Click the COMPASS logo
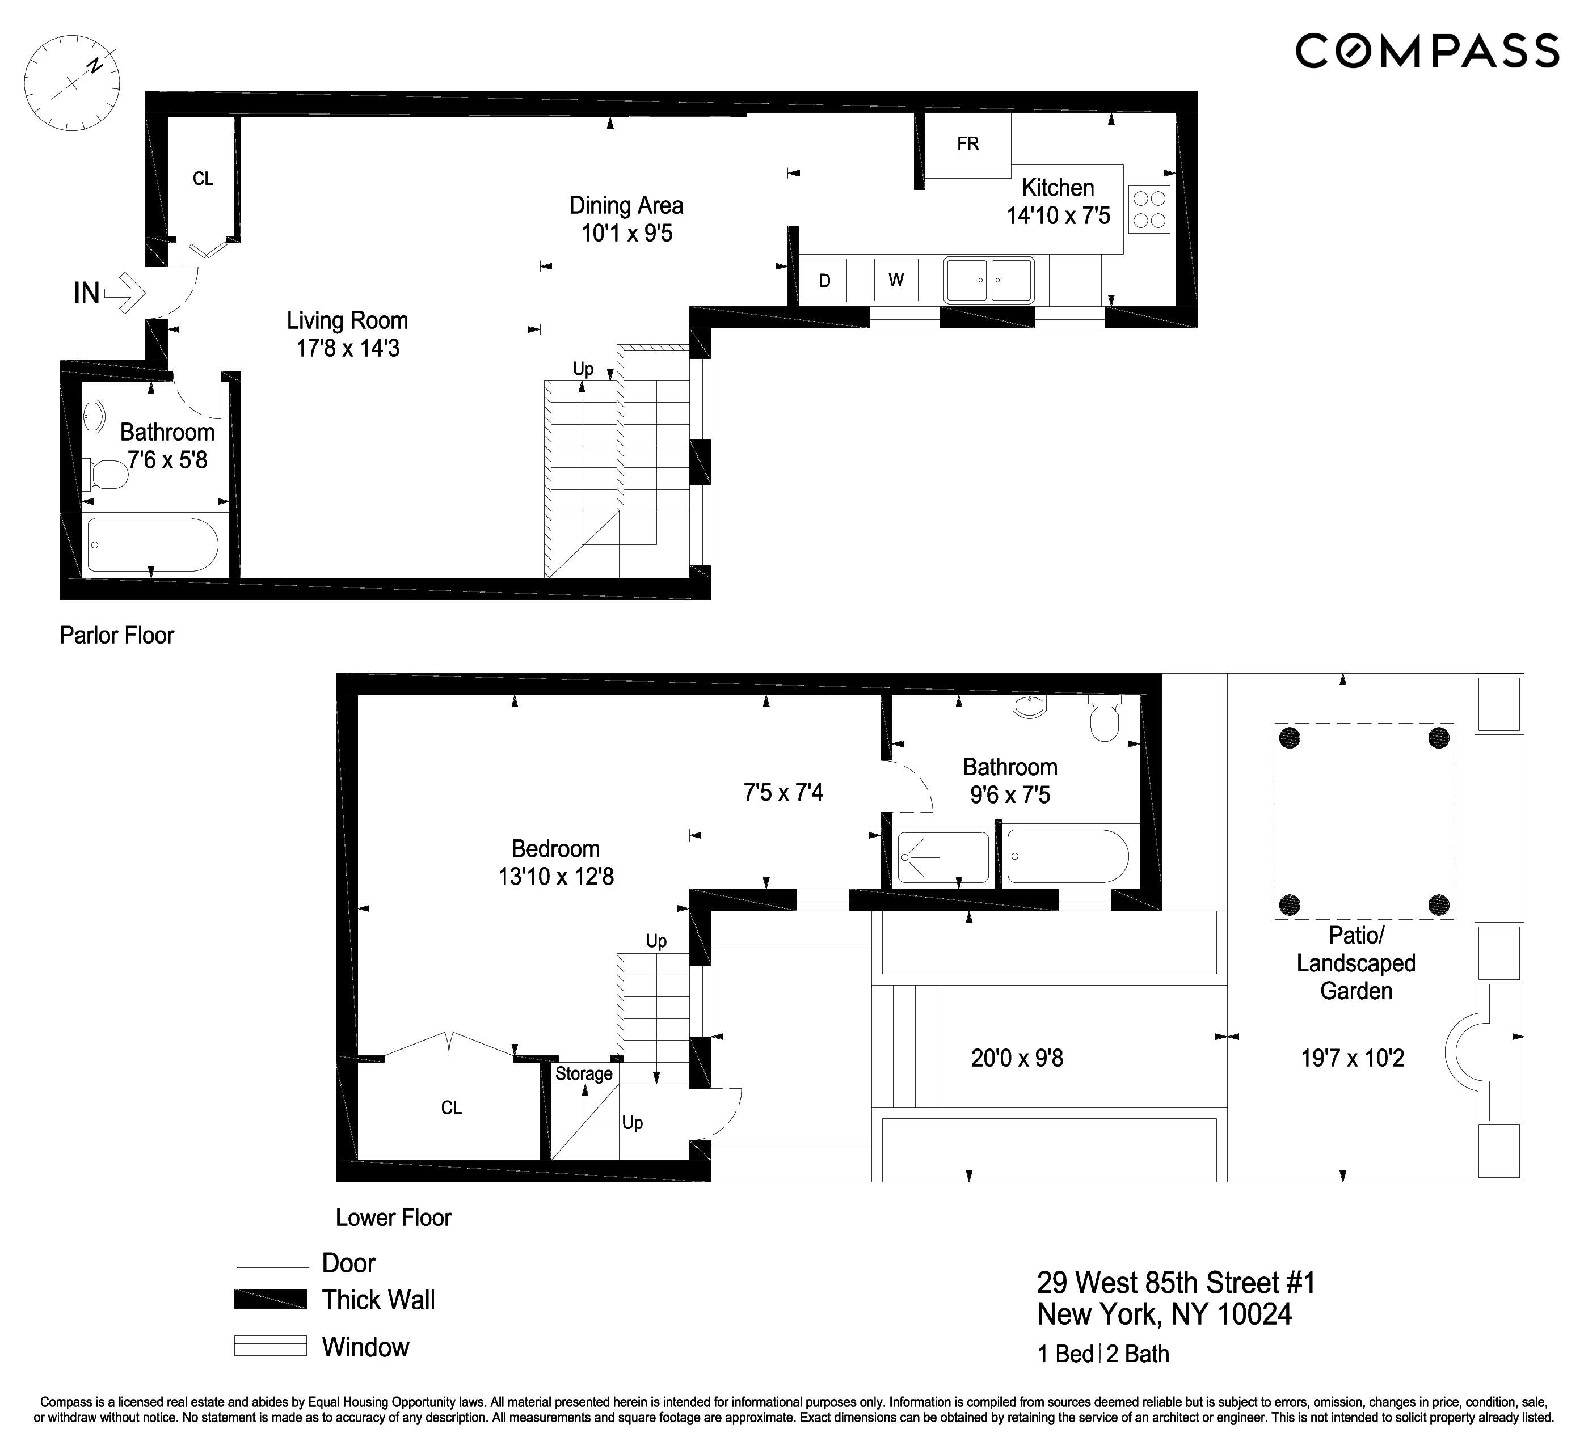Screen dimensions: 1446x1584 click(x=1426, y=51)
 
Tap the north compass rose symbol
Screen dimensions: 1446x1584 click(x=71, y=82)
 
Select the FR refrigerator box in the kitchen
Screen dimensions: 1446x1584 click(x=967, y=143)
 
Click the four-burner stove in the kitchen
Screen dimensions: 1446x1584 click(x=1149, y=209)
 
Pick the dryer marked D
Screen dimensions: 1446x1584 click(x=824, y=280)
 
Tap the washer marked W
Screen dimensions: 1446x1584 click(x=896, y=280)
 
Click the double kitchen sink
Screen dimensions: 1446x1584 click(x=988, y=280)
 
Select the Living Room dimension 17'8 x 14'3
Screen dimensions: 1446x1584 click(x=347, y=348)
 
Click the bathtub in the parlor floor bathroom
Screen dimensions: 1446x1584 click(x=153, y=544)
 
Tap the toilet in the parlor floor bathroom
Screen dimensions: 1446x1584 click(x=106, y=473)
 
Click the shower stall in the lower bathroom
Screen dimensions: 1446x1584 click(x=943, y=857)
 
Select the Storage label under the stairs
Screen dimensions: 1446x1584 click(x=583, y=1073)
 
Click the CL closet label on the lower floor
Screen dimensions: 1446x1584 click(x=451, y=1107)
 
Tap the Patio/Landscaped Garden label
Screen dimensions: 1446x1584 click(x=1355, y=963)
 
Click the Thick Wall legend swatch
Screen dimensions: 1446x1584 click(x=269, y=1299)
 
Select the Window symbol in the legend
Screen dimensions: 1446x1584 click(x=269, y=1346)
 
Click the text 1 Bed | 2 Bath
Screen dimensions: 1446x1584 click(x=1102, y=1354)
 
